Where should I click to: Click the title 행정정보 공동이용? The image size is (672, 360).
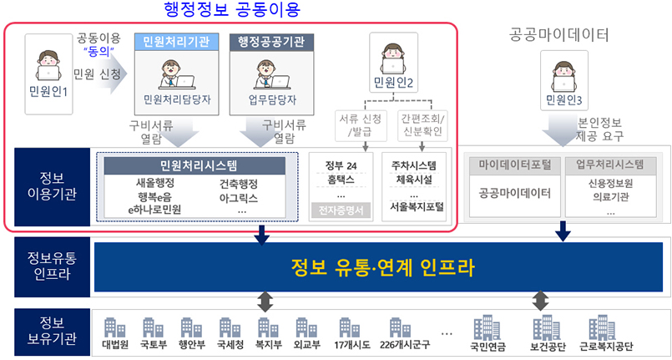[230, 10]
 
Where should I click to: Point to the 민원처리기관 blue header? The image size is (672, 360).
[176, 41]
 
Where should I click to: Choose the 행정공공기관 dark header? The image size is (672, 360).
[270, 41]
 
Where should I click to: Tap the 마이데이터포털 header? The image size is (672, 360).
[514, 164]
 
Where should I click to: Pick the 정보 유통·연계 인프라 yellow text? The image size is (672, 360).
[383, 268]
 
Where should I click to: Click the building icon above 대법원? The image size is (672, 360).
[114, 327]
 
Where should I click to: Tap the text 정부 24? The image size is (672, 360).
[340, 165]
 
